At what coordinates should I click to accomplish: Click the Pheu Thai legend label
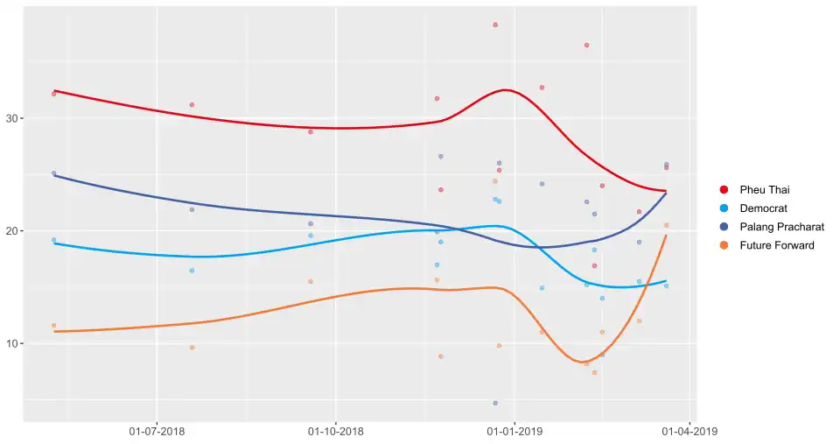pos(765,189)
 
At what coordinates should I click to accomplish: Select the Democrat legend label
pos(763,208)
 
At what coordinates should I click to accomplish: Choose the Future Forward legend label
pos(777,245)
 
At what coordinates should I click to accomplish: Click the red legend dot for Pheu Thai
pos(724,189)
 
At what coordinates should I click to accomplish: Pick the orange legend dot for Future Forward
pos(724,245)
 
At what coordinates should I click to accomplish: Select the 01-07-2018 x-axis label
pos(156,432)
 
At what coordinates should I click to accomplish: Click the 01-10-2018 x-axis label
pos(335,432)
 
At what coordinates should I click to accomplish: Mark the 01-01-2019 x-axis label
pos(514,432)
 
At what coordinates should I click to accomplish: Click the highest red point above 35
pos(495,25)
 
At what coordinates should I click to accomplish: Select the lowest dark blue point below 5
pos(495,403)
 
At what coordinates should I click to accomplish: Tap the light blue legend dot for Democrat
pos(724,208)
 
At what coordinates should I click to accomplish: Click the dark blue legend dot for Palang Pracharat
pos(724,227)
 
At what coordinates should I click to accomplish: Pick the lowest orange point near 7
pos(594,372)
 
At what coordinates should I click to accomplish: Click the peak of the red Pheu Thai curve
pos(507,89)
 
